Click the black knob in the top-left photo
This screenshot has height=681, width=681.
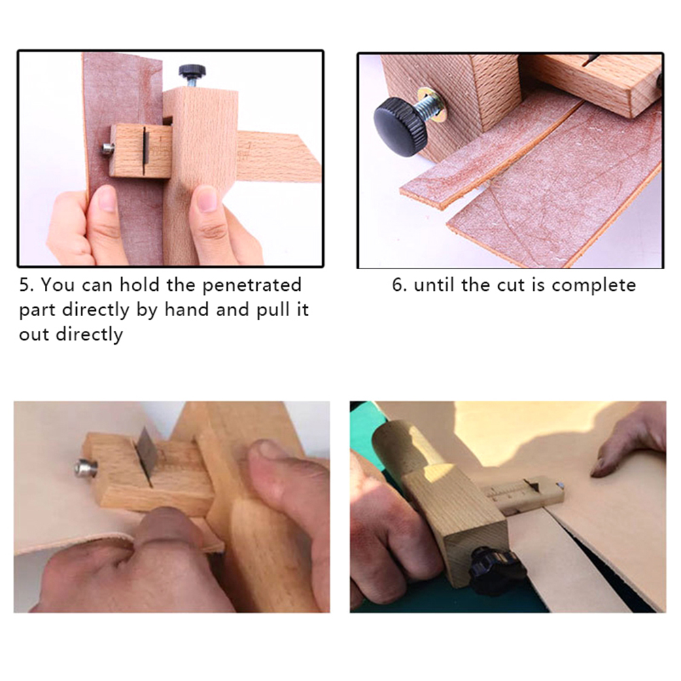[192, 71]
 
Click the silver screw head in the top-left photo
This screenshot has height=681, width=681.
[107, 150]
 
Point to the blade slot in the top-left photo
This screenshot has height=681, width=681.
[144, 147]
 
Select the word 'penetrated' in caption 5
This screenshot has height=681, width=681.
[252, 285]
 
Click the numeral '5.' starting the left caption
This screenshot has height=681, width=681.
[27, 285]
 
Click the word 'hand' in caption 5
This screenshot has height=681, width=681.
[186, 310]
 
